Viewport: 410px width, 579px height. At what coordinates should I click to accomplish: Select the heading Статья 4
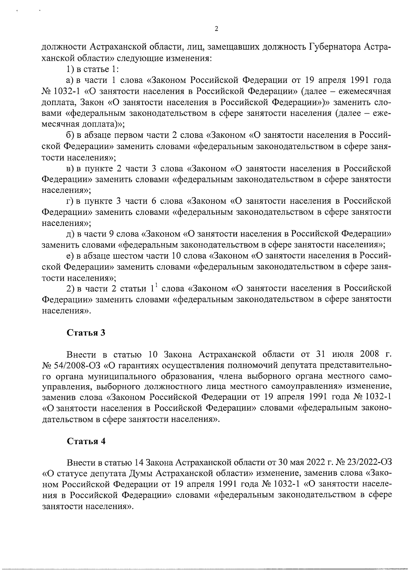point(86,441)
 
